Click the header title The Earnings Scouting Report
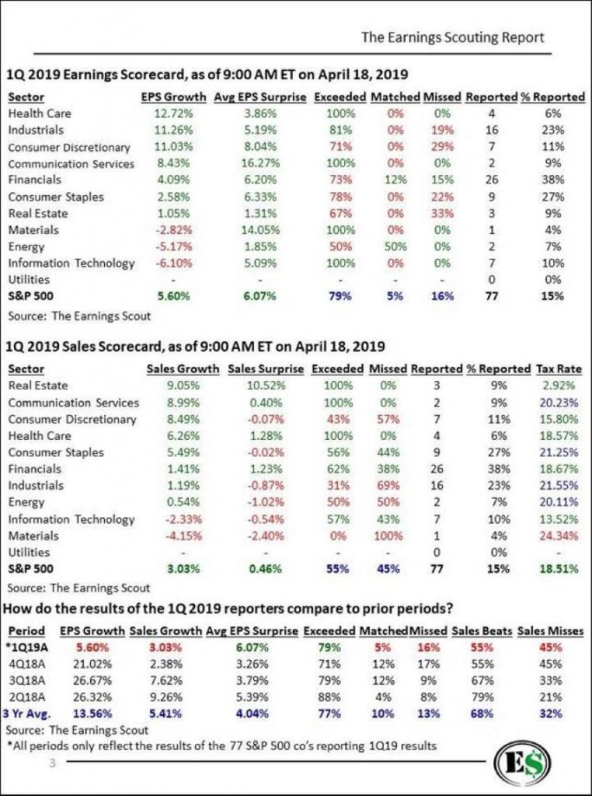(x=452, y=37)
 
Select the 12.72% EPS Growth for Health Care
(x=173, y=113)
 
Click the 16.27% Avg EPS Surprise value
(x=260, y=163)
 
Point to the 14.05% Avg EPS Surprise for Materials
(x=260, y=230)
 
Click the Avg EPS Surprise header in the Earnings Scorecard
(x=260, y=97)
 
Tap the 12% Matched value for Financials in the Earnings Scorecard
(x=395, y=180)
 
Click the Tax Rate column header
(x=559, y=369)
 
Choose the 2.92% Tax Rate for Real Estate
(x=560, y=386)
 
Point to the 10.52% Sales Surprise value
(x=266, y=386)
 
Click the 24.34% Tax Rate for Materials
(x=560, y=536)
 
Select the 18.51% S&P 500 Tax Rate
(x=560, y=569)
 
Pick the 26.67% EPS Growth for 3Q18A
(x=93, y=680)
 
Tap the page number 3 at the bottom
(x=51, y=763)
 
